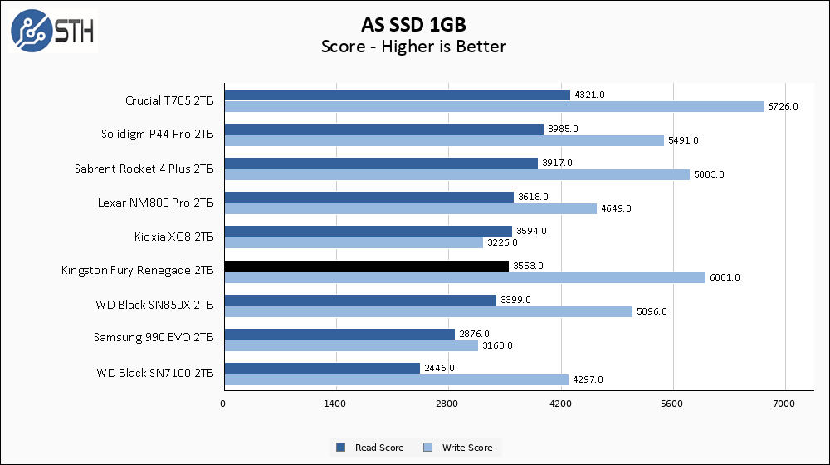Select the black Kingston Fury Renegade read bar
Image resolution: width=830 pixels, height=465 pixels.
(366, 266)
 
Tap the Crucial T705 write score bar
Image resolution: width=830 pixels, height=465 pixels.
(493, 106)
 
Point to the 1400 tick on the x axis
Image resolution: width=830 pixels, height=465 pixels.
(335, 404)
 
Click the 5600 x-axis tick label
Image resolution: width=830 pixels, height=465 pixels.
(672, 404)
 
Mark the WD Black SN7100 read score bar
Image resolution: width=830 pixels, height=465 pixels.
(321, 368)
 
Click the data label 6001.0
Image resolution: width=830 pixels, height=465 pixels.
(725, 277)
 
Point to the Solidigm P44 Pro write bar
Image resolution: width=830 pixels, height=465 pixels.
(443, 140)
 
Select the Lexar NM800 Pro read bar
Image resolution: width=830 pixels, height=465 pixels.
(369, 197)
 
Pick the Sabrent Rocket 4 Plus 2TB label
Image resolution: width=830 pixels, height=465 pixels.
(144, 169)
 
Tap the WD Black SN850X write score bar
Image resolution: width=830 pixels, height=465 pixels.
(427, 311)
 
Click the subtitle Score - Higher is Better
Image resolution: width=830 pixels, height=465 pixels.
(413, 46)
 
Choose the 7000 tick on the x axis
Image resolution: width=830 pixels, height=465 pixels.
(784, 404)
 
